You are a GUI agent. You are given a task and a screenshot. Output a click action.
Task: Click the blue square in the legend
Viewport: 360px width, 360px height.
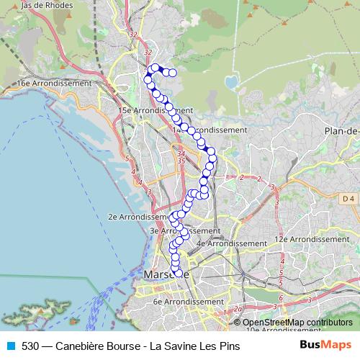point(10,345)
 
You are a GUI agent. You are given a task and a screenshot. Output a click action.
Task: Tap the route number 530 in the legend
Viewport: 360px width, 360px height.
point(31,345)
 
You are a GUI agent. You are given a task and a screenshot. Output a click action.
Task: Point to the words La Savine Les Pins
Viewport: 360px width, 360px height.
point(194,345)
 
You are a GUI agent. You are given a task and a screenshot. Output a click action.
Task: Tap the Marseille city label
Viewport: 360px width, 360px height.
point(166,275)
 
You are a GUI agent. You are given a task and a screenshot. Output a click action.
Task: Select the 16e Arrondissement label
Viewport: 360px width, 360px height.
point(54,83)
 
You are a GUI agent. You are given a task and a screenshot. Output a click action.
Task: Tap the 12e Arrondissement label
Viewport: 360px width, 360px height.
point(315,238)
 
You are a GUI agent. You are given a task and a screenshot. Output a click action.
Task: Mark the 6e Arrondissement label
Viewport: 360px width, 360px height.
point(188,302)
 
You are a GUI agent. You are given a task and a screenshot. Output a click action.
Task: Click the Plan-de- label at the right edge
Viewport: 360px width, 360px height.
point(341,130)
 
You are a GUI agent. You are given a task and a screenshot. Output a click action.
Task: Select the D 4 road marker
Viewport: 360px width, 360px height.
point(348,198)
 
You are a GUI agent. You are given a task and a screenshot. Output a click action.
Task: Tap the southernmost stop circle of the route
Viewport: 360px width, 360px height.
point(179,273)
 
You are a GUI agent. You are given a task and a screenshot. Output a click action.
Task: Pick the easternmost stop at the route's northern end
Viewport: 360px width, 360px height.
point(173,72)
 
